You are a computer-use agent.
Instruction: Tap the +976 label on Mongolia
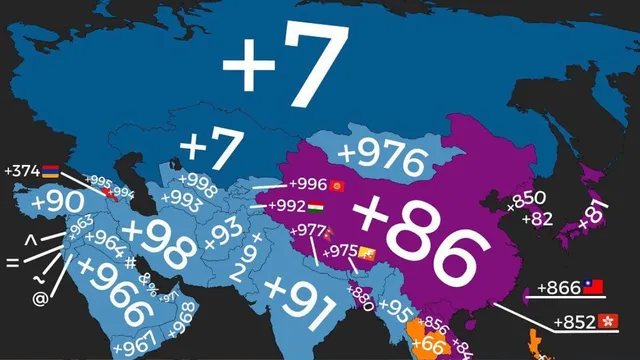[x=382, y=156]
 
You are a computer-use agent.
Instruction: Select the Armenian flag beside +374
[x=50, y=171]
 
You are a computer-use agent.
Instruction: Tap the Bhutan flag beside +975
[x=368, y=250]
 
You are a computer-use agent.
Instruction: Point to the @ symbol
[x=40, y=297]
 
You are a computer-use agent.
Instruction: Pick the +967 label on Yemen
[x=134, y=346]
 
